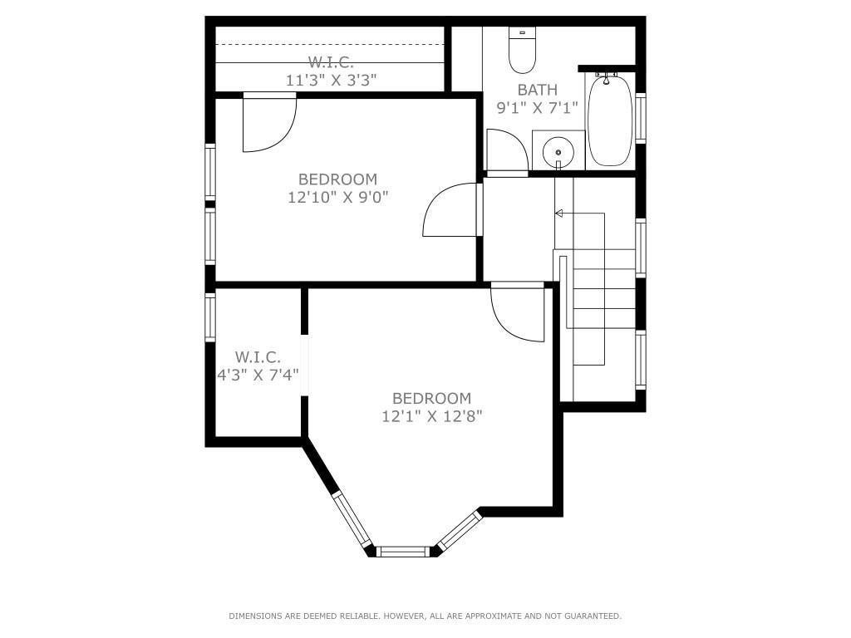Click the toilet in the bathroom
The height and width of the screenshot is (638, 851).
(523, 52)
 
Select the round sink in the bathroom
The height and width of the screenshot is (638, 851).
(558, 152)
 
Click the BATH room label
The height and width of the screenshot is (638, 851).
(537, 90)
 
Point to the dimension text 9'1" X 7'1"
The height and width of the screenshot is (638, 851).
(537, 108)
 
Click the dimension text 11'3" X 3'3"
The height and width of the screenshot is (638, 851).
(331, 81)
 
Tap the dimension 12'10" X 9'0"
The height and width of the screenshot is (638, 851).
(337, 197)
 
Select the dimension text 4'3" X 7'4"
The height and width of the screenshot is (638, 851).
(258, 375)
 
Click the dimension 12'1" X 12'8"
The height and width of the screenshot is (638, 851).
(431, 416)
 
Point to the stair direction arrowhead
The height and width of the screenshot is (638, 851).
(559, 213)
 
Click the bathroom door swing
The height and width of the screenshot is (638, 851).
(505, 152)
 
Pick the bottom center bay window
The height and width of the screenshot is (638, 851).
(403, 550)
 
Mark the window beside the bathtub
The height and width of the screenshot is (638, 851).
(640, 119)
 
